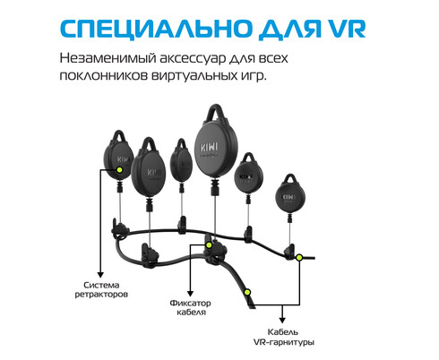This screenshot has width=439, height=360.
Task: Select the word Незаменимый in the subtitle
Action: click(x=108, y=58)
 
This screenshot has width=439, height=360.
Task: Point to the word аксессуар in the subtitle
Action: click(x=193, y=58)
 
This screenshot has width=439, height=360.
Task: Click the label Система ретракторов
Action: click(x=101, y=289)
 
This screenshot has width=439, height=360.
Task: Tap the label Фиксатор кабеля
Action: click(x=191, y=307)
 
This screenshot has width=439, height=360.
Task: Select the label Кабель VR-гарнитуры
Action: click(x=284, y=337)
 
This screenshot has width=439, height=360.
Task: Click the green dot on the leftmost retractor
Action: click(x=119, y=170)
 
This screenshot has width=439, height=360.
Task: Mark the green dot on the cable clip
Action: click(x=209, y=245)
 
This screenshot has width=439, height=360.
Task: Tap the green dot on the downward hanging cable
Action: click(x=247, y=292)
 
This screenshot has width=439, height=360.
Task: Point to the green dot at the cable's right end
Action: click(x=299, y=257)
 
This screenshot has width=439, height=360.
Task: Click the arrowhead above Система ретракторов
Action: click(x=100, y=275)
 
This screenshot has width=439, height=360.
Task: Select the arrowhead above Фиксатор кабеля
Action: click(x=190, y=294)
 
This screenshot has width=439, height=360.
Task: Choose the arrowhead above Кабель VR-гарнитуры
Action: click(x=282, y=320)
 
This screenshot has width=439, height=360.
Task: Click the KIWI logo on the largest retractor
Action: click(x=210, y=148)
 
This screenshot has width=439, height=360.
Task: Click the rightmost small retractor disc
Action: click(x=290, y=197)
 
